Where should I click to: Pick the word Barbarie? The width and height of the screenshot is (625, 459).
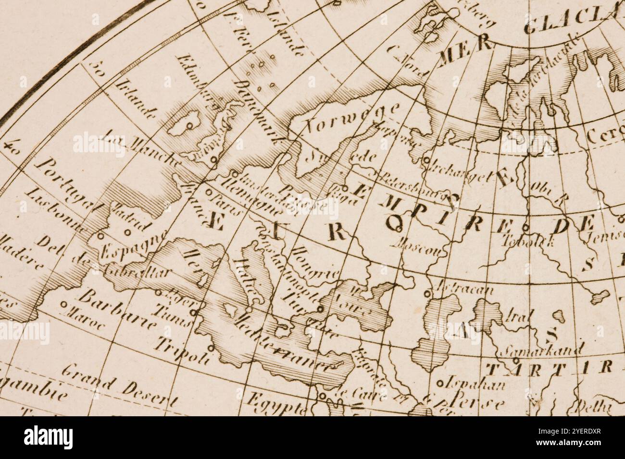(x=117, y=310)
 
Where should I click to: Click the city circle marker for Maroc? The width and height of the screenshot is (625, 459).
(x=64, y=304)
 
